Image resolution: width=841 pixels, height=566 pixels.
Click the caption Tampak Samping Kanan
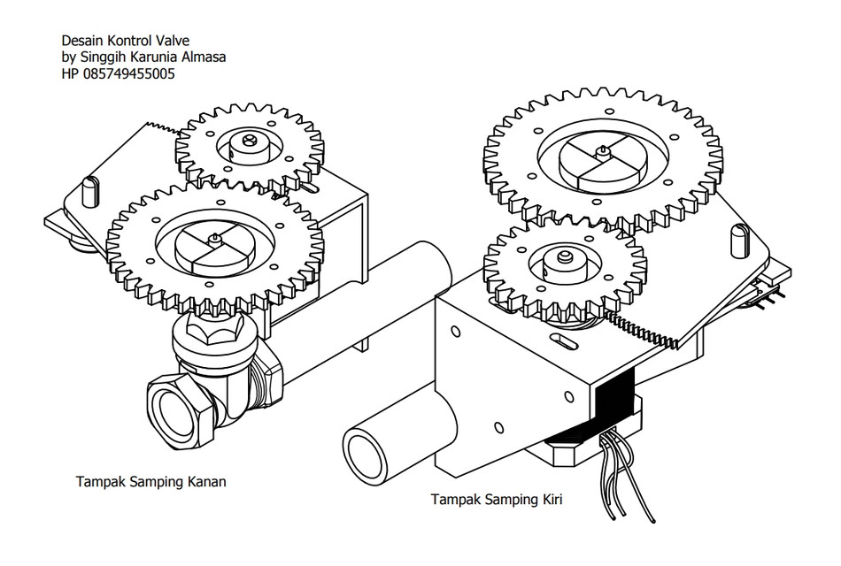tap(150, 482)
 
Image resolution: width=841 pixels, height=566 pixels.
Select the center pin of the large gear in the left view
tap(214, 239)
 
